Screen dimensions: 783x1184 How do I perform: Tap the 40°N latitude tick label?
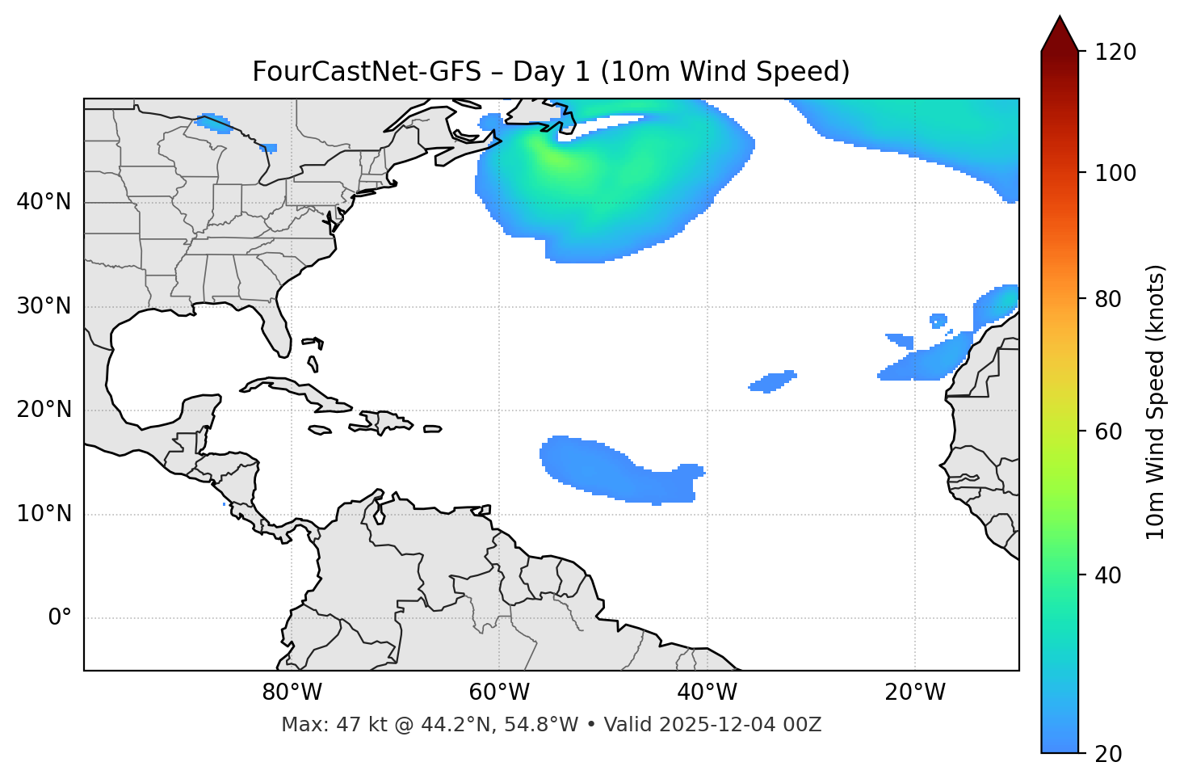pos(44,202)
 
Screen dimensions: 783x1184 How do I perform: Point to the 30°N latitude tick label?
pos(44,306)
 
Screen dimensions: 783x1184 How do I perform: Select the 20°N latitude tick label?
pos(44,410)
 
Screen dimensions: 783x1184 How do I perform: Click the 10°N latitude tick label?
pos(44,514)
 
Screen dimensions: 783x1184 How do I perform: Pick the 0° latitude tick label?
pos(60,618)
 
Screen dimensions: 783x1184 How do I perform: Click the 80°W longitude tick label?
pos(292,692)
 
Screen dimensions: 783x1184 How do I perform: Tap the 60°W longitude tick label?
pos(499,692)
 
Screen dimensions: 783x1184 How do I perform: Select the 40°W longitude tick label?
pos(707,692)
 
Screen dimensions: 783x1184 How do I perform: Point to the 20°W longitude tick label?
pos(914,692)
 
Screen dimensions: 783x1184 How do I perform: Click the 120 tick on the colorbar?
pos(1115,52)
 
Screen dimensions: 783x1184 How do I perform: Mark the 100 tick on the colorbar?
pos(1115,173)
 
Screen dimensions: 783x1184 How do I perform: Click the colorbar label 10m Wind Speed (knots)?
pos(1155,402)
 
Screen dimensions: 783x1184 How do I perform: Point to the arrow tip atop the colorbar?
pos(1060,18)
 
